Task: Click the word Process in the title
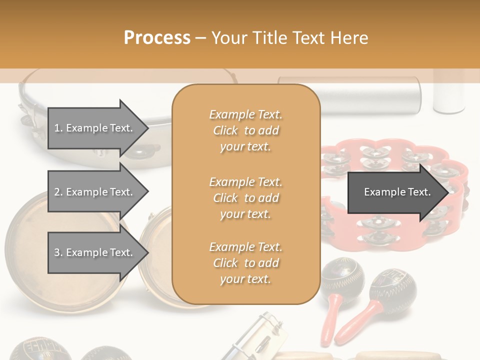point(157,37)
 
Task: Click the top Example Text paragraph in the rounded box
point(245,130)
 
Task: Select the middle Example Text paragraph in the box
point(245,198)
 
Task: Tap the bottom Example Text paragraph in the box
point(245,263)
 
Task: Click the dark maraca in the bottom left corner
point(27,350)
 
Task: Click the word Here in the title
point(349,37)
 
